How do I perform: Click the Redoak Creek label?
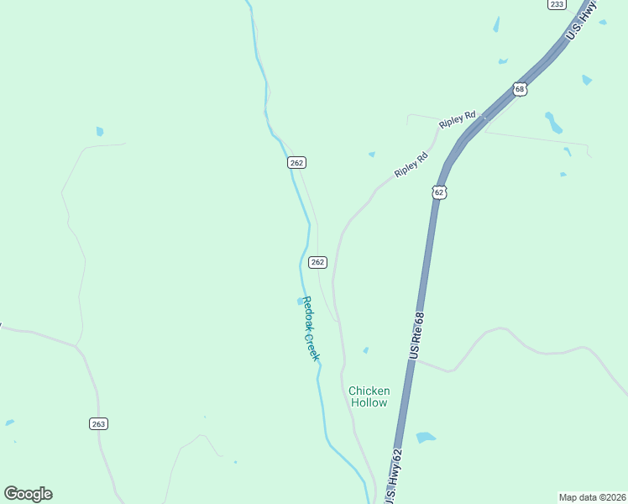(x=311, y=328)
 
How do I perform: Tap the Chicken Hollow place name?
(x=369, y=396)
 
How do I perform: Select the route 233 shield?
(x=556, y=4)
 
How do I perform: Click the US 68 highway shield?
(x=520, y=89)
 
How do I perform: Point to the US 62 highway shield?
(x=439, y=192)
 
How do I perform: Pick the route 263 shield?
(x=98, y=424)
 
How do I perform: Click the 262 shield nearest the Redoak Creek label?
(x=317, y=262)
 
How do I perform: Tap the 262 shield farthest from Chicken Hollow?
(x=296, y=162)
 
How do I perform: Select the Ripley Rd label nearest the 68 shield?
(x=458, y=118)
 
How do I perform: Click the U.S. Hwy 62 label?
(x=393, y=476)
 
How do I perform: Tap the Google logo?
(x=28, y=494)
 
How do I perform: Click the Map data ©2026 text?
(x=592, y=497)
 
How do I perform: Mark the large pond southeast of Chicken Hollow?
(x=426, y=438)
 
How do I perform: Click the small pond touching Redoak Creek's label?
(x=301, y=301)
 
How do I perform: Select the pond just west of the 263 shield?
(x=9, y=423)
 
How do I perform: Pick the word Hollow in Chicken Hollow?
(x=369, y=403)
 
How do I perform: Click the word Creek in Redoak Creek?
(x=312, y=346)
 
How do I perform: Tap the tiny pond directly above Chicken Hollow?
(x=365, y=350)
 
